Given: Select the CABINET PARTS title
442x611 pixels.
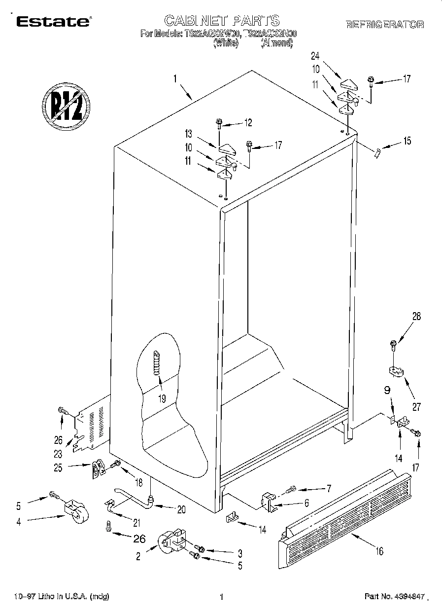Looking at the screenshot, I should (221, 20).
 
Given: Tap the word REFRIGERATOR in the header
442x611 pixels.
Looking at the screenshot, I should (385, 25).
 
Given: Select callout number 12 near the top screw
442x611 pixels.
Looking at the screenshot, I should (248, 123).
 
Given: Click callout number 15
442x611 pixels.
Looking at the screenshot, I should (407, 141).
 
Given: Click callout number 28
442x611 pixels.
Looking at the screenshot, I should (416, 317).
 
